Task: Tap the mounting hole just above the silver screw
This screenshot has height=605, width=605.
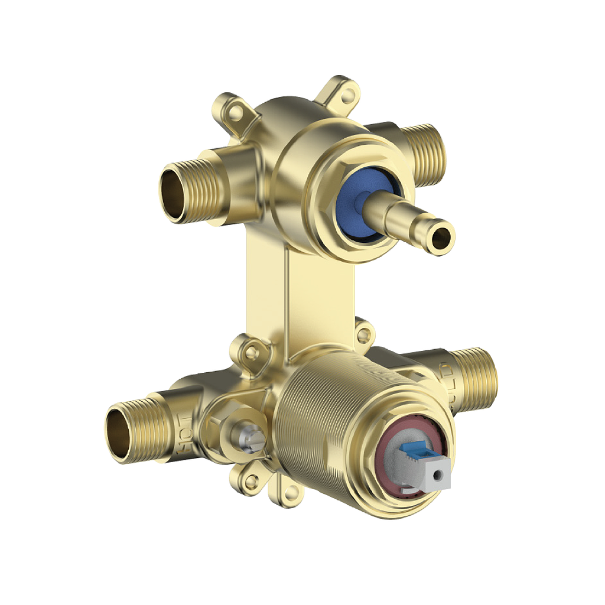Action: [x=252, y=352]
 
